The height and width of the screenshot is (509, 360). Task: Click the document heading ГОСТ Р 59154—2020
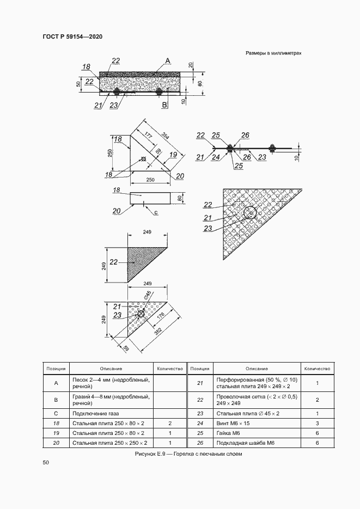(x=72, y=36)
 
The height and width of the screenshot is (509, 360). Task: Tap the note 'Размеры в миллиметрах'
(x=273, y=53)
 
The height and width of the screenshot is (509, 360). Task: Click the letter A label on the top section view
(x=168, y=61)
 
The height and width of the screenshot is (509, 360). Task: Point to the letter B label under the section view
(x=164, y=105)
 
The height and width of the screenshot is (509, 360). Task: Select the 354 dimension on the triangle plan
(x=165, y=136)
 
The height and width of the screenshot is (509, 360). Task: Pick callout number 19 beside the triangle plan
(x=173, y=155)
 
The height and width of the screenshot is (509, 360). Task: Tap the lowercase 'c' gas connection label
(x=155, y=213)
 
